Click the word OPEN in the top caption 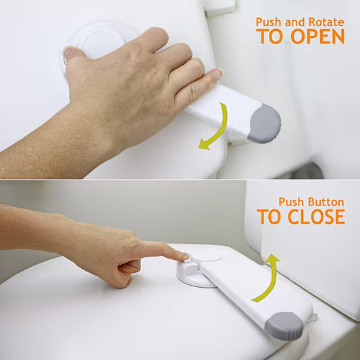317,36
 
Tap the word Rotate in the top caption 326,22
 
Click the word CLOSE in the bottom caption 316,217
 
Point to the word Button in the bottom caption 326,202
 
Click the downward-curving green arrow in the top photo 215,128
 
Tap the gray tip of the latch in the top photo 265,124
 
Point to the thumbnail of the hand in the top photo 69,53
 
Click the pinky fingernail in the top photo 217,74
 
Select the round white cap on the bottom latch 206,255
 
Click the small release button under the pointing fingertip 186,261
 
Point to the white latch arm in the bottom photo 255,289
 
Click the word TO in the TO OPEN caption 269,36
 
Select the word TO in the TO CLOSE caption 269,217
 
